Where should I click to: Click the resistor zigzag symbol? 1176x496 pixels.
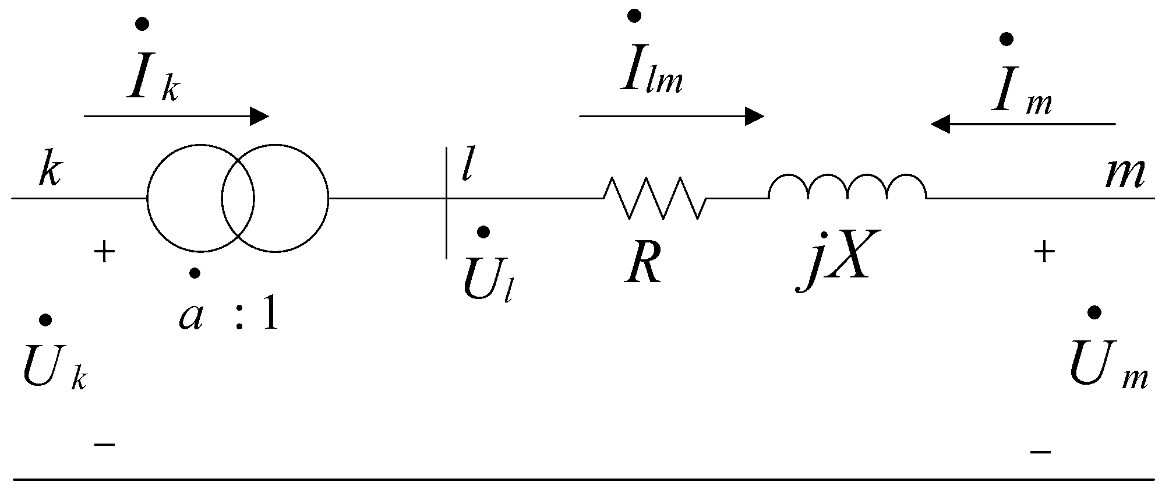coord(655,199)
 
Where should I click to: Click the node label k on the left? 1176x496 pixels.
coord(50,171)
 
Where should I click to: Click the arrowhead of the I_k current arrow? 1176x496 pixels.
coord(260,117)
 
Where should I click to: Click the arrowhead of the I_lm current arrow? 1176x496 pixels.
coord(755,117)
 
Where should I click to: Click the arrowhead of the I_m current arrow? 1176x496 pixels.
coord(940,124)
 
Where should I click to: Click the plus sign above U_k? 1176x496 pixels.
coord(104,254)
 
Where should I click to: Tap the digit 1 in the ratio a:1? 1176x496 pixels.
coord(269,317)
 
